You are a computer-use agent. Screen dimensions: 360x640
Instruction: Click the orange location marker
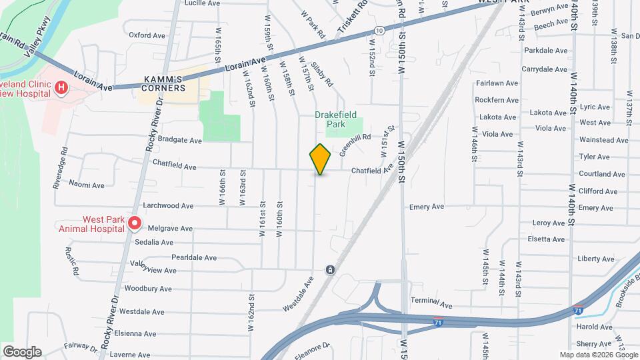(320, 159)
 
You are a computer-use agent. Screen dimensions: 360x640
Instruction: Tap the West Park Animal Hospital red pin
(135, 223)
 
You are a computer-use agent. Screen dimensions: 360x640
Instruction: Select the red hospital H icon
(61, 87)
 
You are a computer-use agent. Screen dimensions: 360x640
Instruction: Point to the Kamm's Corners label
(164, 83)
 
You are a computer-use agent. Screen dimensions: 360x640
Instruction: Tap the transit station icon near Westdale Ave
(330, 269)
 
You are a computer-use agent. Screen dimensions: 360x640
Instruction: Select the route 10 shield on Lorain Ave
(379, 31)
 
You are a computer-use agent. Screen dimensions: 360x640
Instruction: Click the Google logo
(21, 351)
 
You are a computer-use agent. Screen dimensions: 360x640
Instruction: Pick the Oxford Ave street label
(147, 35)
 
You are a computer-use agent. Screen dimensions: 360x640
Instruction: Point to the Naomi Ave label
(87, 185)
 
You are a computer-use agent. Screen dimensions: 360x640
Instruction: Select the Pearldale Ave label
(194, 257)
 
